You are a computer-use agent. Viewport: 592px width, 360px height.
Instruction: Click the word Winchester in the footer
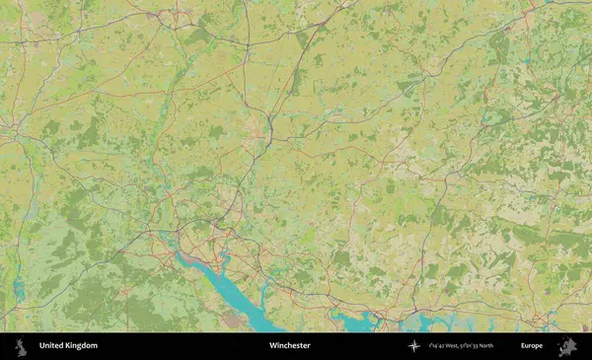click(289, 346)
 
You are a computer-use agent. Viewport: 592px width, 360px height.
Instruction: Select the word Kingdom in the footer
click(83, 346)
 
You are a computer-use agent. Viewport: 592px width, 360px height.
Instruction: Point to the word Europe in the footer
click(532, 346)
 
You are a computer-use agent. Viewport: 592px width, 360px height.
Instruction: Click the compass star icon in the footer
click(414, 346)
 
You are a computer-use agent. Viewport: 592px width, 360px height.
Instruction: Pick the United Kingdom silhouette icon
click(18, 346)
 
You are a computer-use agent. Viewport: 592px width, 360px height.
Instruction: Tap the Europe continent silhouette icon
click(566, 346)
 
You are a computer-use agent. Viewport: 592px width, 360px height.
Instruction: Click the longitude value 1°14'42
click(443, 346)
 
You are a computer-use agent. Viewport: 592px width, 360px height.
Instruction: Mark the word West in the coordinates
click(463, 346)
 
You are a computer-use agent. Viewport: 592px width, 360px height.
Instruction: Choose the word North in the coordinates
click(512, 346)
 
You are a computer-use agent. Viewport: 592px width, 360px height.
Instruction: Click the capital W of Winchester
click(272, 346)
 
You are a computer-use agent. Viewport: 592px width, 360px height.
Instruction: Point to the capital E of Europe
click(523, 346)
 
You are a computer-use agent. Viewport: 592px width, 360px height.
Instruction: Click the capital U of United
click(42, 346)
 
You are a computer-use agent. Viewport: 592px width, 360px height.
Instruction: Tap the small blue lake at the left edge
click(19, 288)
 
